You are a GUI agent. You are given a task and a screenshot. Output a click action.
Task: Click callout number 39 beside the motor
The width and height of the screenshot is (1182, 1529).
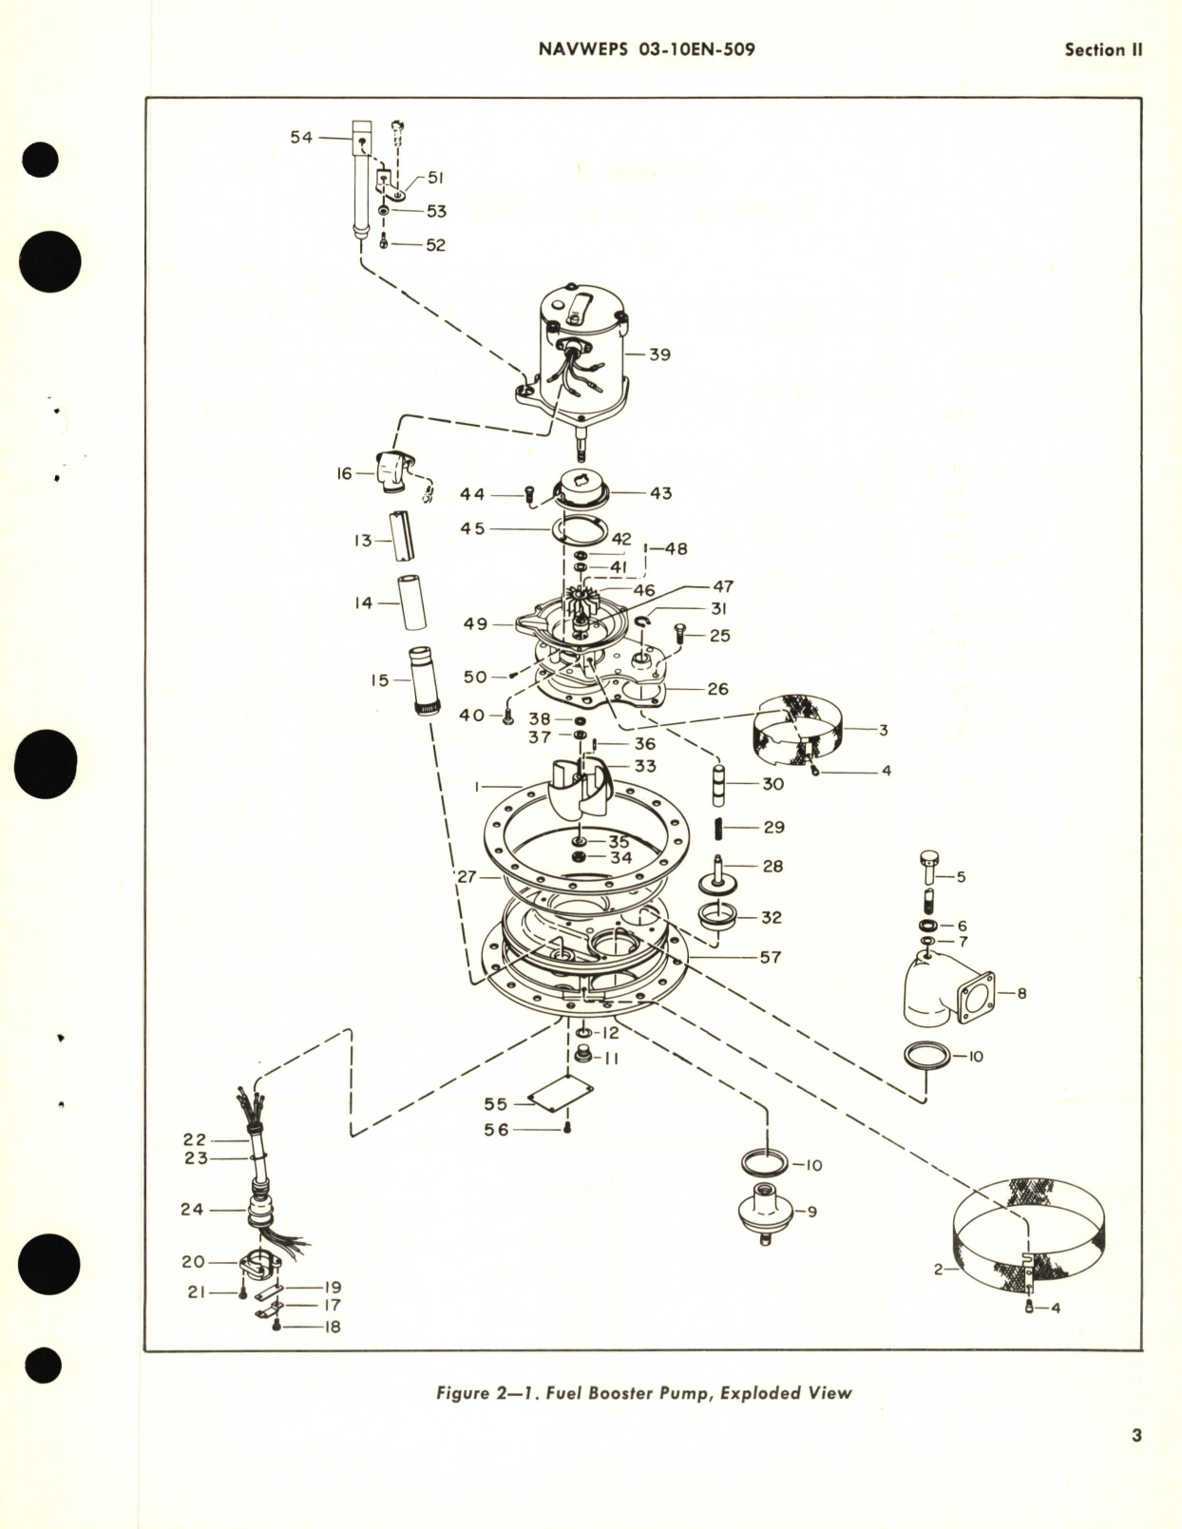[659, 354]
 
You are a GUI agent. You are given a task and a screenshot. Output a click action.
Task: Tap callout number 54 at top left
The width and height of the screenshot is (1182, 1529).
[301, 138]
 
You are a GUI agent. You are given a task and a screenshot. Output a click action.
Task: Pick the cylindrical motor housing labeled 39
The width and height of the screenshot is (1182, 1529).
[581, 352]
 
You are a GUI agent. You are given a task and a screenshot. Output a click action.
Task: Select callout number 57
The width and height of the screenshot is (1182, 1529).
[770, 957]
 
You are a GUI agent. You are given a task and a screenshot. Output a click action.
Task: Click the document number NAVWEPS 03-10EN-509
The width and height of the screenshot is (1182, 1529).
[646, 49]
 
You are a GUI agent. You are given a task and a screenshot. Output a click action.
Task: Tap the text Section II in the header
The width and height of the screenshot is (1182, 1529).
[1102, 50]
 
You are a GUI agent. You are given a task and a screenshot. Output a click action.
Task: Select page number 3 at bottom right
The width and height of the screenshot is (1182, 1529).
[1136, 1436]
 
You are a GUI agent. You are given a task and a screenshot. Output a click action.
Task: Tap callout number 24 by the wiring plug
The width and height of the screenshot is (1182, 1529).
[192, 1210]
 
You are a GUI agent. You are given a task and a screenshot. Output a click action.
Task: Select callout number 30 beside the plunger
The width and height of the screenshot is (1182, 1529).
[772, 785]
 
